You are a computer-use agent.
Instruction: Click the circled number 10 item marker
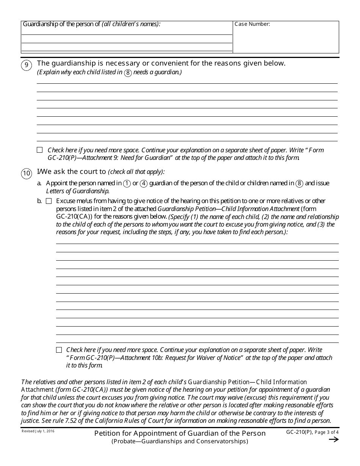pyautogui.click(x=26, y=174)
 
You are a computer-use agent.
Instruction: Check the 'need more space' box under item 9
pyautogui.click(x=40, y=150)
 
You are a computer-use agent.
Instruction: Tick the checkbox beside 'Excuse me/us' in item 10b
pyautogui.click(x=49, y=201)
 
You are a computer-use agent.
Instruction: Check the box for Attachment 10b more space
pyautogui.click(x=59, y=350)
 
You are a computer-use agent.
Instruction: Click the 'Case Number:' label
pyautogui.click(x=252, y=24)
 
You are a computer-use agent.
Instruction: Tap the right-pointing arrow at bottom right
pyautogui.click(x=333, y=439)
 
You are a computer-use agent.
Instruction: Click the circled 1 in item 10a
pyautogui.click(x=127, y=183)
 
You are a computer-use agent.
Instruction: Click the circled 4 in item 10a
pyautogui.click(x=144, y=183)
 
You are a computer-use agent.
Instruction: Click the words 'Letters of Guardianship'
pyautogui.click(x=78, y=191)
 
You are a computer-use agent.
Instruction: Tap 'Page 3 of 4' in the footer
pyautogui.click(x=327, y=432)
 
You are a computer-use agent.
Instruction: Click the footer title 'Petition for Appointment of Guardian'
pyautogui.click(x=180, y=433)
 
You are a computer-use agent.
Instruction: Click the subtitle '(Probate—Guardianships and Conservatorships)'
pyautogui.click(x=180, y=441)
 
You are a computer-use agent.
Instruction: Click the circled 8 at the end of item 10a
pyautogui.click(x=299, y=183)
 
